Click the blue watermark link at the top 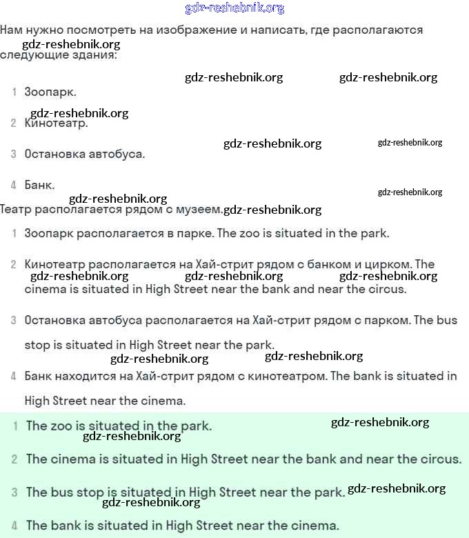coord(234,8)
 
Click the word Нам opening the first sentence coord(12,30)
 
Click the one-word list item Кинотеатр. coord(56,123)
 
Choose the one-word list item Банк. coord(39,185)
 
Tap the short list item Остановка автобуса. coord(84,154)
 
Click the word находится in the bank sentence coord(83,376)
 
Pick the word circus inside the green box coord(437,459)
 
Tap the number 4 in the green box coord(14,526)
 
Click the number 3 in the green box coord(14,492)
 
